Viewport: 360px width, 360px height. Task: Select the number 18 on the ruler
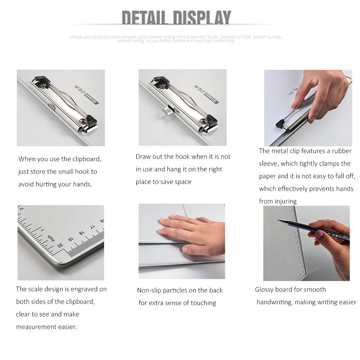(x=81, y=233)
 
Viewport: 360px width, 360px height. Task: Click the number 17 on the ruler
(x=92, y=227)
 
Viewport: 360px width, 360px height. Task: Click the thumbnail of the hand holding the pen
(x=306, y=243)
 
